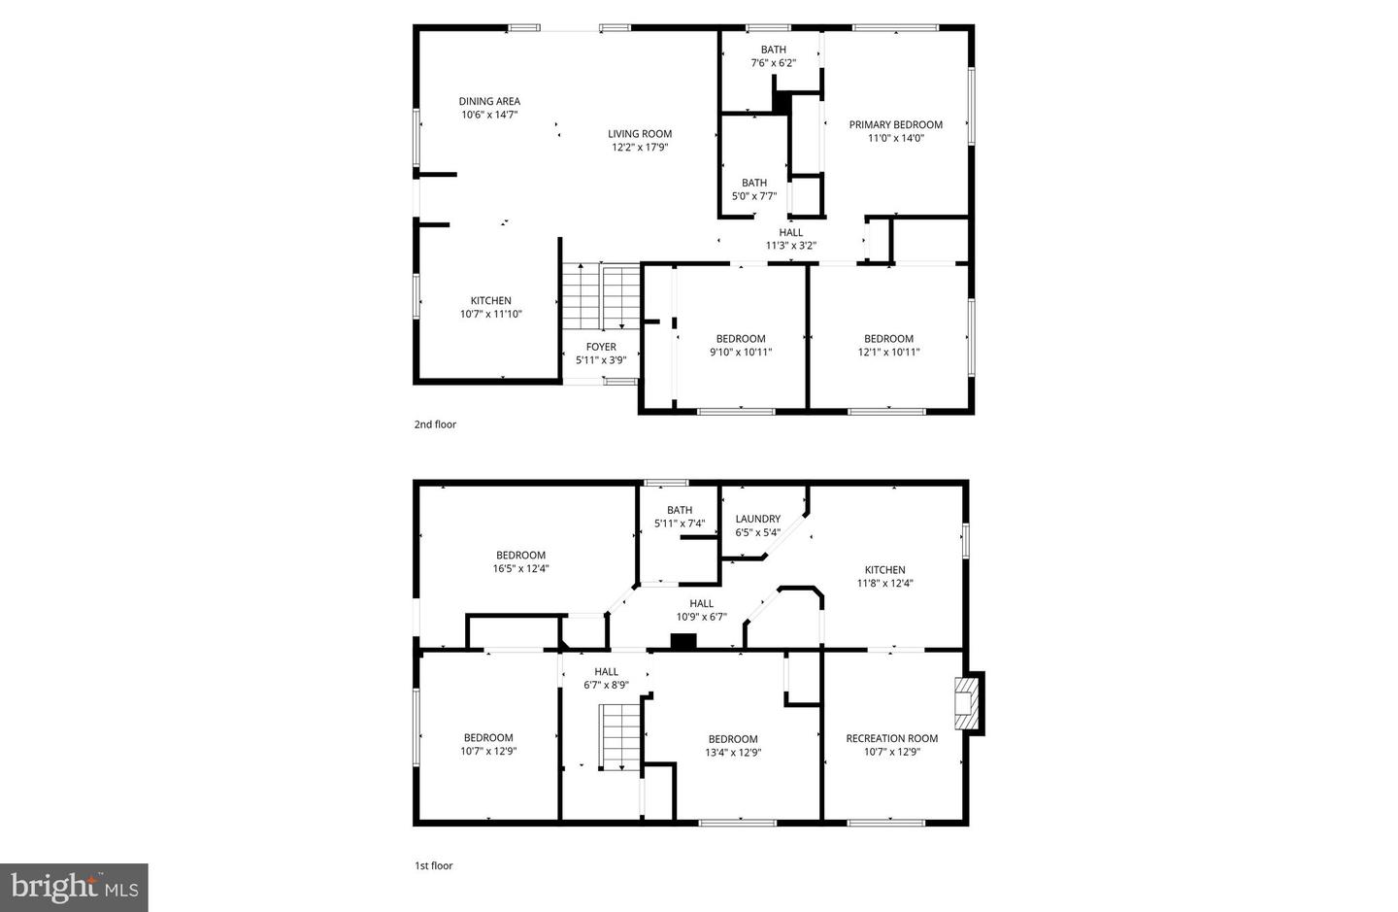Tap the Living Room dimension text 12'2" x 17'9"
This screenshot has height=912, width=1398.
[640, 148]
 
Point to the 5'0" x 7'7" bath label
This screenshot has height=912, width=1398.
[754, 189]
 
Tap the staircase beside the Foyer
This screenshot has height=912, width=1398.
[601, 297]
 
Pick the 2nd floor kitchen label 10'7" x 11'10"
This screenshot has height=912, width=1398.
[491, 307]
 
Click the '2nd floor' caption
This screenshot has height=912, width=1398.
[435, 424]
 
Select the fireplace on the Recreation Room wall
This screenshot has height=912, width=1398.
[966, 702]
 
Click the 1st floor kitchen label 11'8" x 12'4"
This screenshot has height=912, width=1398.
[884, 577]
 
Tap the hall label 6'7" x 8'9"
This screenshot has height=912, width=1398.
[606, 678]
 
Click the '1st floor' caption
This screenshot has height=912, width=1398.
[434, 865]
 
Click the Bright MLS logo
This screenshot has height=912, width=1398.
[74, 888]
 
